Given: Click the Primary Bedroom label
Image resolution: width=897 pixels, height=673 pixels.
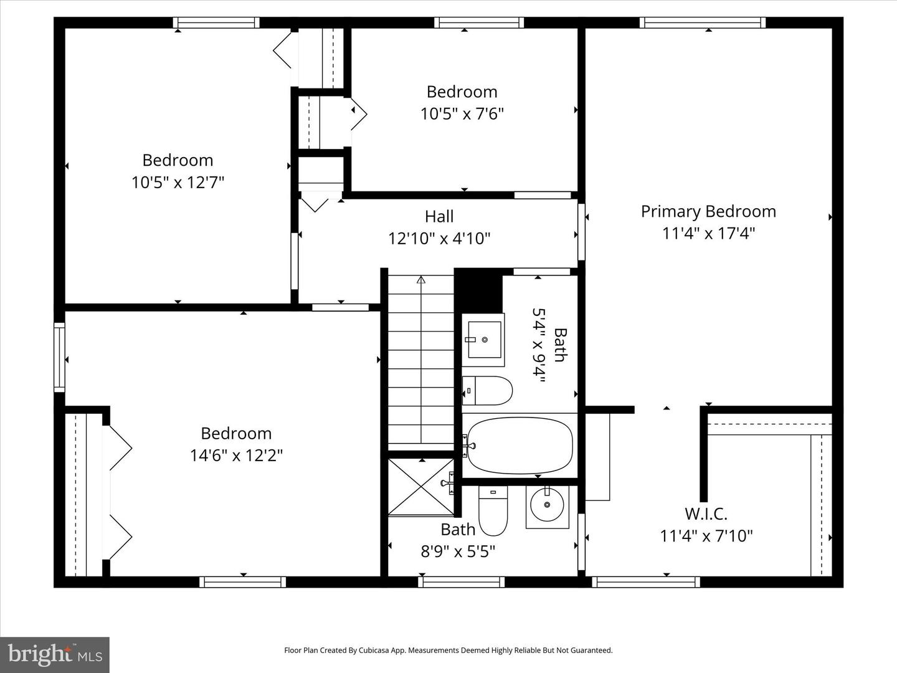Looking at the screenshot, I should [x=708, y=211].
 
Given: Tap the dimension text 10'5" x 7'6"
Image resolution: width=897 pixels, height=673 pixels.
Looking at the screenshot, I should [x=462, y=114].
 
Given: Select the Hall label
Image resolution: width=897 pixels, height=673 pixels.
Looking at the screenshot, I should [x=439, y=216].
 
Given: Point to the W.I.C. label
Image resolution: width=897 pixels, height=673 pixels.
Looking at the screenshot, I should [x=706, y=513].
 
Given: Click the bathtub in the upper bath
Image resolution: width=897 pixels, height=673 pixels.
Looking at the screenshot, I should [x=520, y=446].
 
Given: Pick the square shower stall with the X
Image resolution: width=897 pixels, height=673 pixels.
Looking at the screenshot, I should [x=421, y=487].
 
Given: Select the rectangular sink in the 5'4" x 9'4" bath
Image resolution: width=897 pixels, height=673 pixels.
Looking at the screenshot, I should [x=484, y=339].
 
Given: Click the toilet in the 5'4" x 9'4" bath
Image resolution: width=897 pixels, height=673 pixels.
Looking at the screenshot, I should [x=488, y=391].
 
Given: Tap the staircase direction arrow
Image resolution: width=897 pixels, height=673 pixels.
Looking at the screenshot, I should [x=421, y=280].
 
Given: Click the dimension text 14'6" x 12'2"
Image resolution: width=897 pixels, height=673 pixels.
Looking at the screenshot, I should [x=236, y=456].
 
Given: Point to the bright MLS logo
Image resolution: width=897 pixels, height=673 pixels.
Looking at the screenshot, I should [x=55, y=654].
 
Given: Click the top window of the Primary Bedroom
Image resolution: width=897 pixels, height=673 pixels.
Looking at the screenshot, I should [x=702, y=23].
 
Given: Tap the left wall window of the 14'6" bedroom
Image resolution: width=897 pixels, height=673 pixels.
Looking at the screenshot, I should [x=59, y=357].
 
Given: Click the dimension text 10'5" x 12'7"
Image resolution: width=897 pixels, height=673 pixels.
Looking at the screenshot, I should [x=178, y=183].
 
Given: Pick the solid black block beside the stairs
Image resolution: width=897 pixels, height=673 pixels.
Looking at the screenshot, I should [x=478, y=292].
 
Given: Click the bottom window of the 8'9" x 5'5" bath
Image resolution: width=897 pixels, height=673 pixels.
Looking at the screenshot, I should [x=461, y=581].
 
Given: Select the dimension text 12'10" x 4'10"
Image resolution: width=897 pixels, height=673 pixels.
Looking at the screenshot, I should [x=439, y=239].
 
